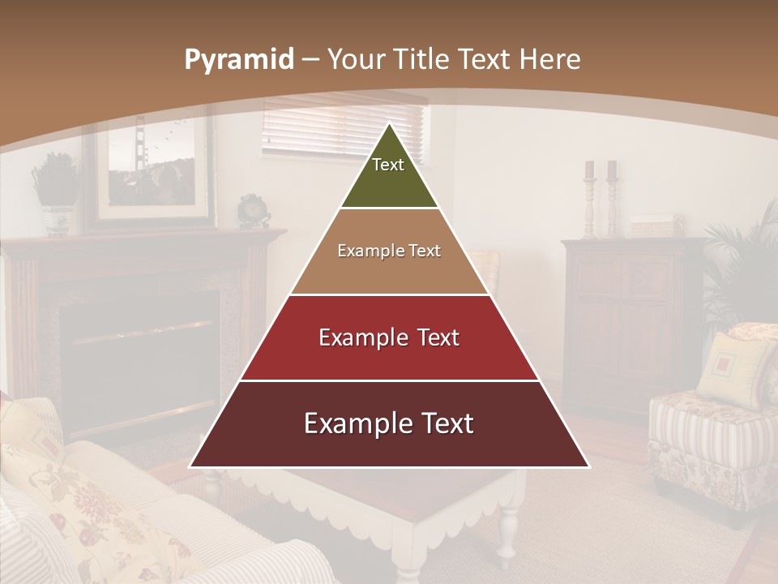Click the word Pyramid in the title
tap(238, 60)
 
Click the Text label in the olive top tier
tap(388, 165)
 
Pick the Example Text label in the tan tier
tap(389, 251)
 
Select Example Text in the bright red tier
tap(389, 337)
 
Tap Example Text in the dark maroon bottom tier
tap(389, 423)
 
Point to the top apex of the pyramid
tap(390, 125)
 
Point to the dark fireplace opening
tap(138, 349)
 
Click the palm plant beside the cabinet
tap(742, 260)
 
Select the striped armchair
tap(705, 438)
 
